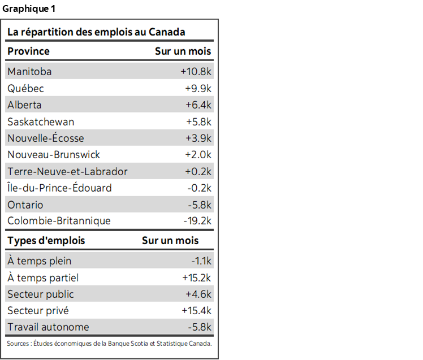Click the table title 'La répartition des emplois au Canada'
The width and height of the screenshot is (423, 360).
click(96, 32)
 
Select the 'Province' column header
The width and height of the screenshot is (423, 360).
click(28, 51)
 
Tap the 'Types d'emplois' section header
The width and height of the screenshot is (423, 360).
click(46, 241)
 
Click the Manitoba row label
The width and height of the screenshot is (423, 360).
click(29, 72)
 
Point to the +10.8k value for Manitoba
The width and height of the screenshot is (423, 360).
click(196, 72)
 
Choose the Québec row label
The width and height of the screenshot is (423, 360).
click(25, 89)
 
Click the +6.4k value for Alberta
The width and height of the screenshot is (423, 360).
click(198, 105)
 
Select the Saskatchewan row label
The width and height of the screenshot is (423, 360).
click(41, 122)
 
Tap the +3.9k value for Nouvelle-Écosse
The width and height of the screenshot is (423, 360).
click(198, 138)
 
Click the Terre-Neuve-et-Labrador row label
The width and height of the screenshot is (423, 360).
click(67, 172)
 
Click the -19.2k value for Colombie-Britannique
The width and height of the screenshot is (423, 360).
click(197, 221)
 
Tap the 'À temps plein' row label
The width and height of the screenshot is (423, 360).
click(40, 261)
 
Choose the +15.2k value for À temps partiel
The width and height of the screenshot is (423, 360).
click(196, 278)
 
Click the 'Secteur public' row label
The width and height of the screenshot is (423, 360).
click(41, 294)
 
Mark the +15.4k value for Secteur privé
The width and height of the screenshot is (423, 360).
click(196, 311)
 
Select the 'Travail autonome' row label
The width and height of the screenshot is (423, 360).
click(48, 327)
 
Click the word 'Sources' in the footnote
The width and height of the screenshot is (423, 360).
click(18, 344)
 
